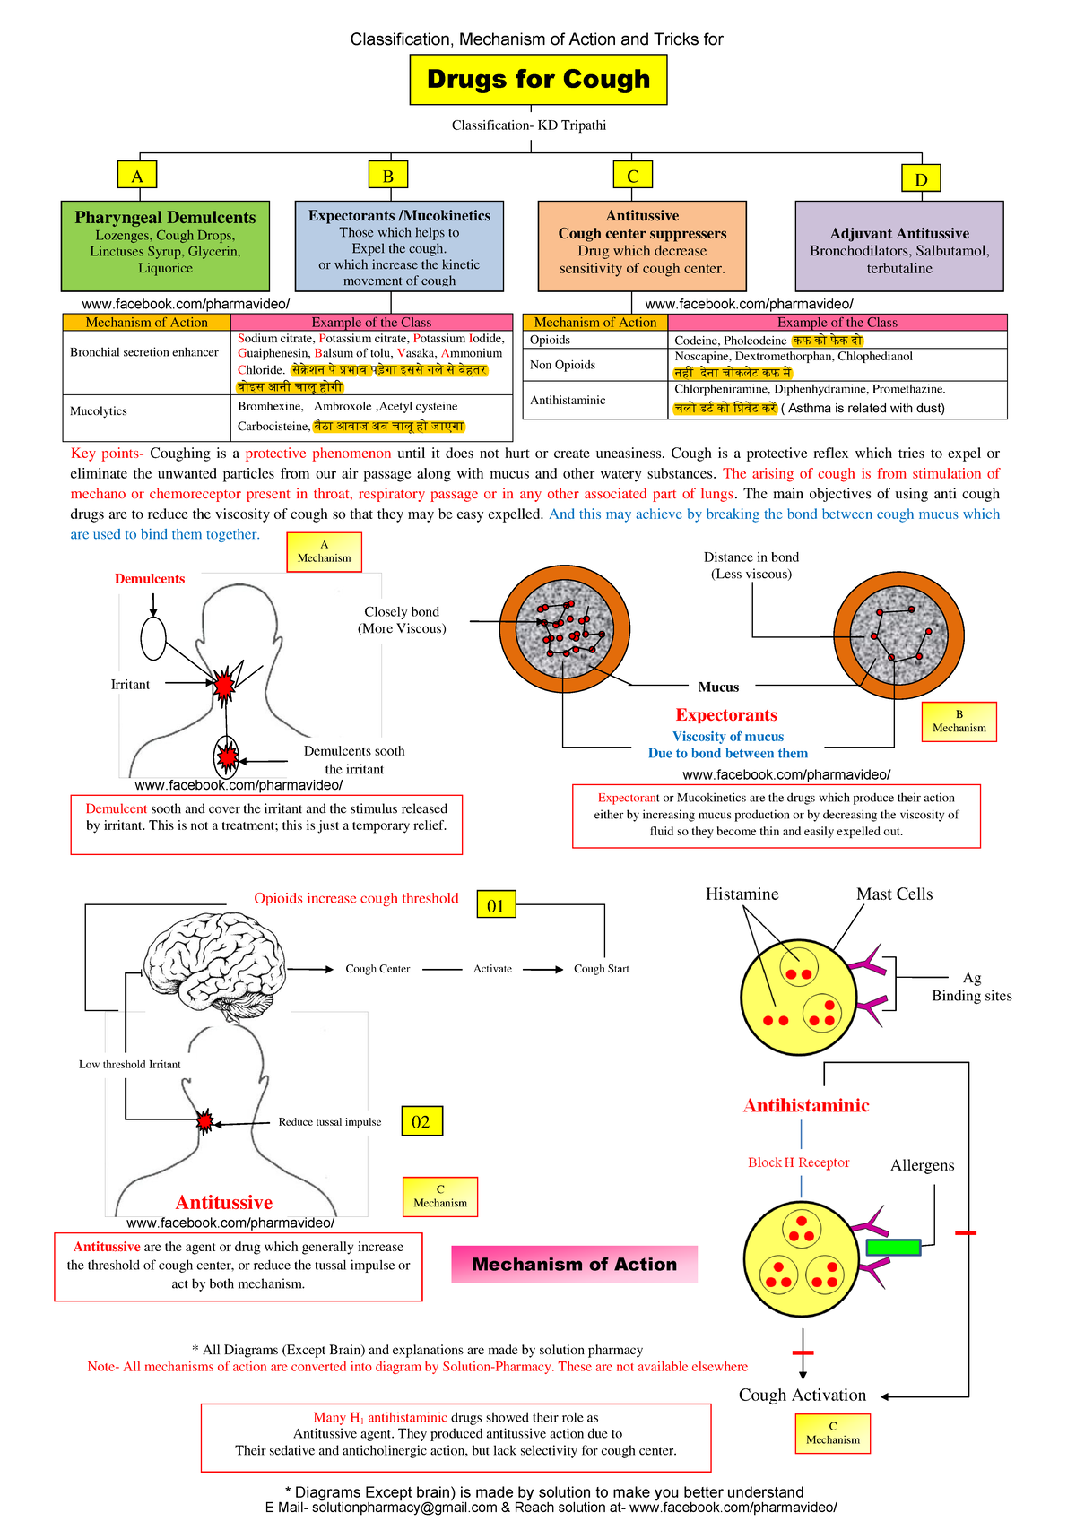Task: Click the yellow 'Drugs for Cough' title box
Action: click(538, 79)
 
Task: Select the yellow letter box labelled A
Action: click(137, 176)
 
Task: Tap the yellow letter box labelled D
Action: click(921, 178)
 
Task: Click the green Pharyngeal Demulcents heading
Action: click(165, 217)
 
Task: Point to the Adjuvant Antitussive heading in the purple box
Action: click(899, 233)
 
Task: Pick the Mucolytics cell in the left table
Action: click(99, 411)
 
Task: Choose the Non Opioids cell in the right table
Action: click(562, 365)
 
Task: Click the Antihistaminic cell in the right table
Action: click(568, 401)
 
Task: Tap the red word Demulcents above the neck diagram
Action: click(150, 579)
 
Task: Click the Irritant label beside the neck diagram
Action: click(130, 685)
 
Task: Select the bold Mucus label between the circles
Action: click(718, 687)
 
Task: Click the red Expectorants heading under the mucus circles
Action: click(726, 715)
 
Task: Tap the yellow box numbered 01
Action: click(496, 905)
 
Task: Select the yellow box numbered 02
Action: click(421, 1121)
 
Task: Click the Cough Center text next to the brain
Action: click(377, 969)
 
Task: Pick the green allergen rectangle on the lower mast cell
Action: click(893, 1247)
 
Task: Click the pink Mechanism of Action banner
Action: click(574, 1264)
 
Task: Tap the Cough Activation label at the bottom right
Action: click(802, 1395)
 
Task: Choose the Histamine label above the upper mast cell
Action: click(742, 894)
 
